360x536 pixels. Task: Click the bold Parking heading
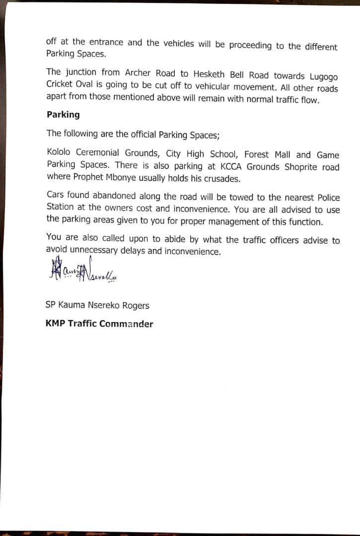coord(63,115)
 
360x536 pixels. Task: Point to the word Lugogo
coord(323,76)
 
